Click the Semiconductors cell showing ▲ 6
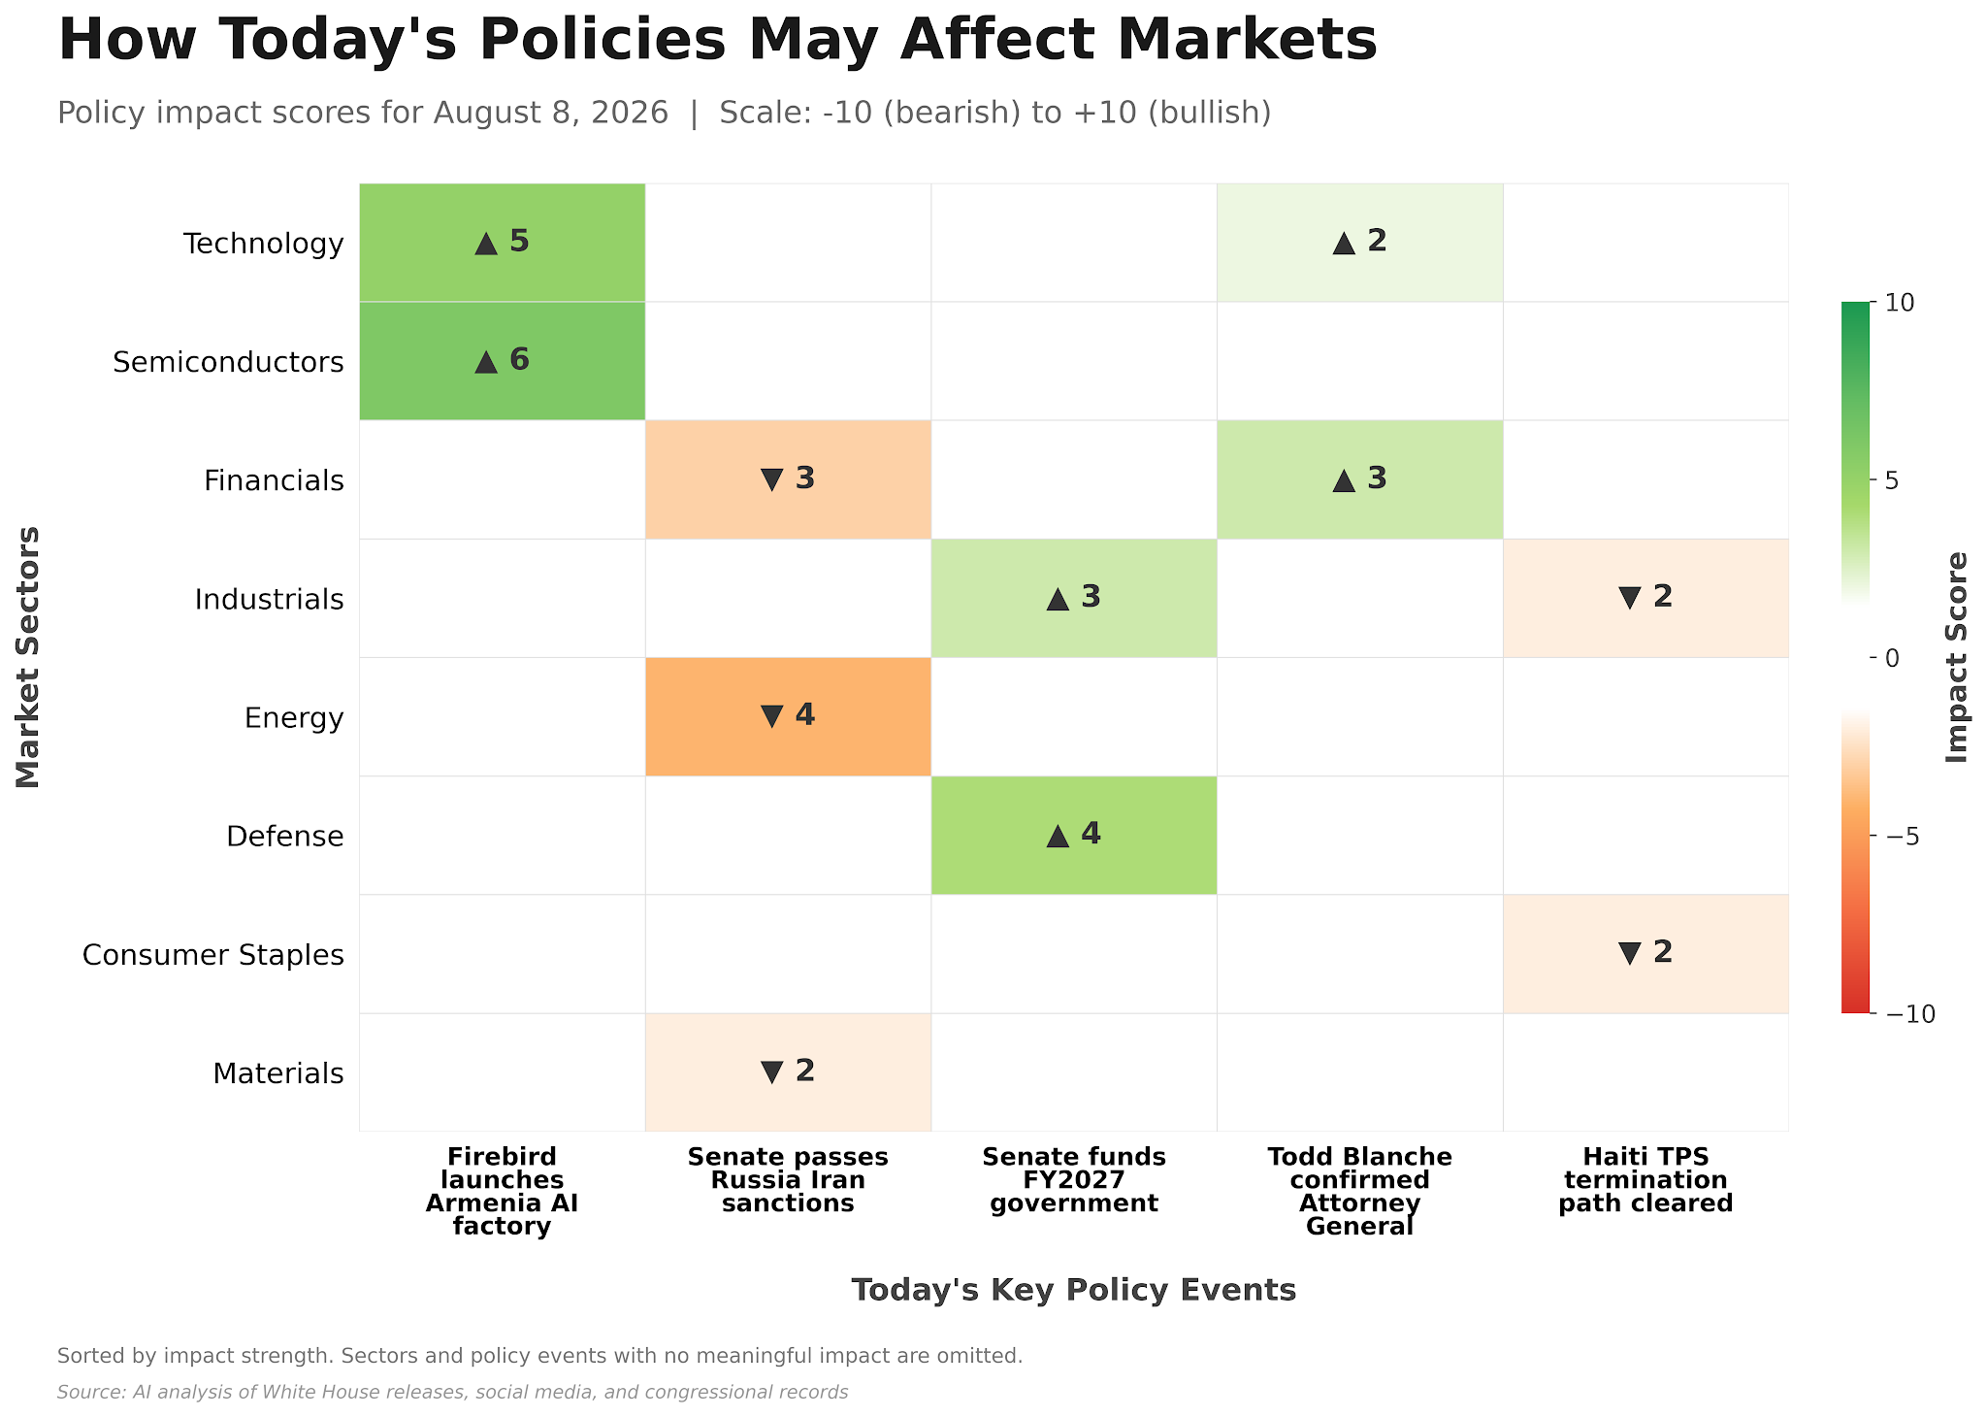pos(502,361)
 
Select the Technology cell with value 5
pos(502,243)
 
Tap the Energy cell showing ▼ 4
pos(788,717)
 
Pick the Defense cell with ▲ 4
pos(1074,836)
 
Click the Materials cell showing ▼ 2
pos(788,1072)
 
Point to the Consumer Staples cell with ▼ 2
pos(1645,954)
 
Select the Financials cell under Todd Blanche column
pos(1360,479)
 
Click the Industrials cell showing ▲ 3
pos(1074,598)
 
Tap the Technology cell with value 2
pos(1360,243)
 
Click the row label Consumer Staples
pos(213,955)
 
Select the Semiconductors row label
pos(228,362)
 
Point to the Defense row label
pos(285,837)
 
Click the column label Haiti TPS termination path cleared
pos(1645,1180)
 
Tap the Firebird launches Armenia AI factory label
pos(502,1192)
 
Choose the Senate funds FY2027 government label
pos(1074,1180)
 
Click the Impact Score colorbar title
pos(1957,658)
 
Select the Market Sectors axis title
pos(28,658)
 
